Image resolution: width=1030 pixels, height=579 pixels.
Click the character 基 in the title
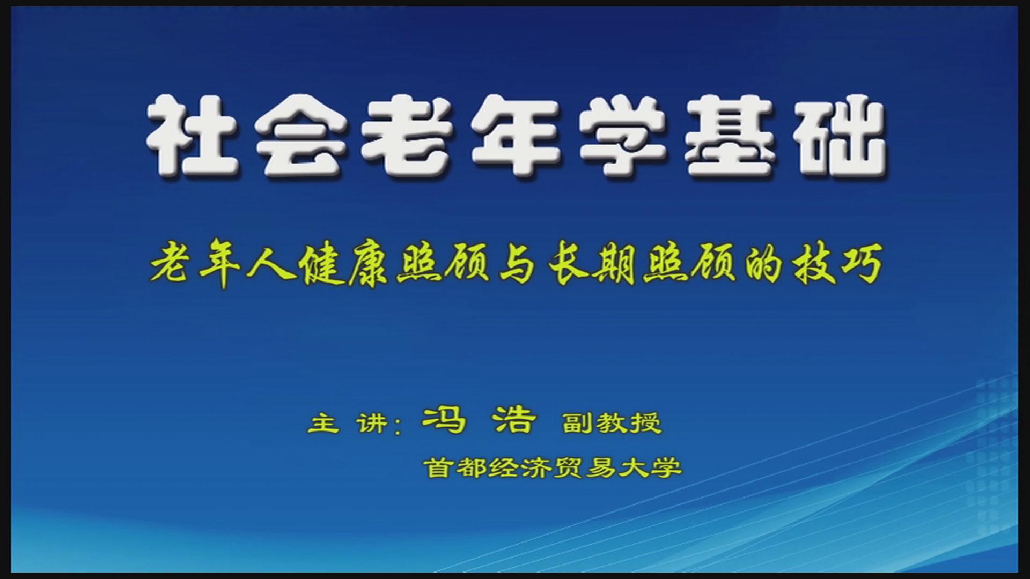tap(731, 136)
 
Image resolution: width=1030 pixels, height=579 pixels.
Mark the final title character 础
tap(840, 136)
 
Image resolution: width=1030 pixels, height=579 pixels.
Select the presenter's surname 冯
tap(444, 420)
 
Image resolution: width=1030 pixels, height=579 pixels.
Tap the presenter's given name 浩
tap(514, 420)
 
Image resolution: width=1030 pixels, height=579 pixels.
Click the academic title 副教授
tap(612, 423)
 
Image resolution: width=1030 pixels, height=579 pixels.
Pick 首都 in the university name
tap(457, 467)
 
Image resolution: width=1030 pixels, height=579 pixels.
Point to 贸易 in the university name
tap(585, 467)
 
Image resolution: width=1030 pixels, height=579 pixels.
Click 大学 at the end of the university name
tap(650, 467)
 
